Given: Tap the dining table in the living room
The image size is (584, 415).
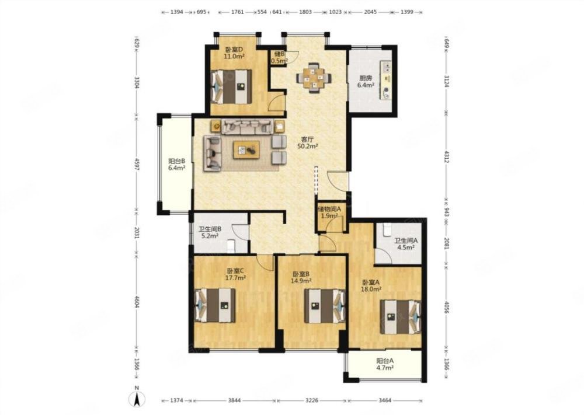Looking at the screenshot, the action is coord(314,78).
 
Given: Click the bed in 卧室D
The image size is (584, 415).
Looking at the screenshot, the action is coord(231,87).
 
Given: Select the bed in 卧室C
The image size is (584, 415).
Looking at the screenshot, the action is coord(215,305).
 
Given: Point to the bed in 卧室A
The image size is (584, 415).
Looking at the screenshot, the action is coord(401,317).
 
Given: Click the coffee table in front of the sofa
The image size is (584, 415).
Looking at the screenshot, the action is coord(246,149).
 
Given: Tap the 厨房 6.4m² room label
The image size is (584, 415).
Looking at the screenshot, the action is coord(366,82).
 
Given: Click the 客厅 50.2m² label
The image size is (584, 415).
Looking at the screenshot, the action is coord(307,143).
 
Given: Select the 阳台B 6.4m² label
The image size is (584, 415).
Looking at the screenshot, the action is coord(176,165).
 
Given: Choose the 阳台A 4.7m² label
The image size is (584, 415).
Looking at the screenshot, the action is coord(385,364).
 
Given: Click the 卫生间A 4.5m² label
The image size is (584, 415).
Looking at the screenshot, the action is coord(406,244).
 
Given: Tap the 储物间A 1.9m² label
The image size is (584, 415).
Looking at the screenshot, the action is coord(329,212).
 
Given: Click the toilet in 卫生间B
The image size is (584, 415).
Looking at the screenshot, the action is coord(231,246).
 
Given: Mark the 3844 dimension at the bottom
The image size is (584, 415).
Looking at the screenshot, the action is coord(234,400).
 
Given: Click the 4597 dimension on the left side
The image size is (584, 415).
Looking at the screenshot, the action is coord(137,165).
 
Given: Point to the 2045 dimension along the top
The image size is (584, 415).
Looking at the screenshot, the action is coord(370,12).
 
